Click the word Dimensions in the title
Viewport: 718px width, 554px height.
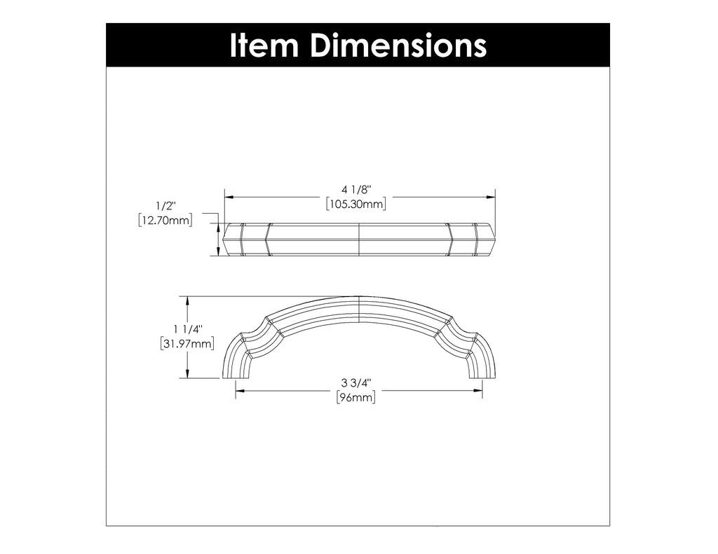click(x=398, y=46)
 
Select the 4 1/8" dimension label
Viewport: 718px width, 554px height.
click(x=356, y=189)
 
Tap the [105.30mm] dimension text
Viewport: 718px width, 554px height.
click(x=356, y=204)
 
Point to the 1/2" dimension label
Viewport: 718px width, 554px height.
click(x=166, y=207)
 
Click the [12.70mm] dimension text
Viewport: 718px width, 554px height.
click(x=166, y=221)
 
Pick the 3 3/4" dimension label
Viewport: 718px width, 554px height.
click(x=356, y=383)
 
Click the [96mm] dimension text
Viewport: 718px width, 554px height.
click(x=356, y=397)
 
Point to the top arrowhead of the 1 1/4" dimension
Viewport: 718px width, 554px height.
click(x=188, y=300)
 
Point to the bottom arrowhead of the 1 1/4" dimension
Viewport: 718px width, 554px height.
click(x=188, y=374)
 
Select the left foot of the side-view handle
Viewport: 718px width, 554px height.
click(x=234, y=372)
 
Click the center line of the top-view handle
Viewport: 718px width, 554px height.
click(x=359, y=240)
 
